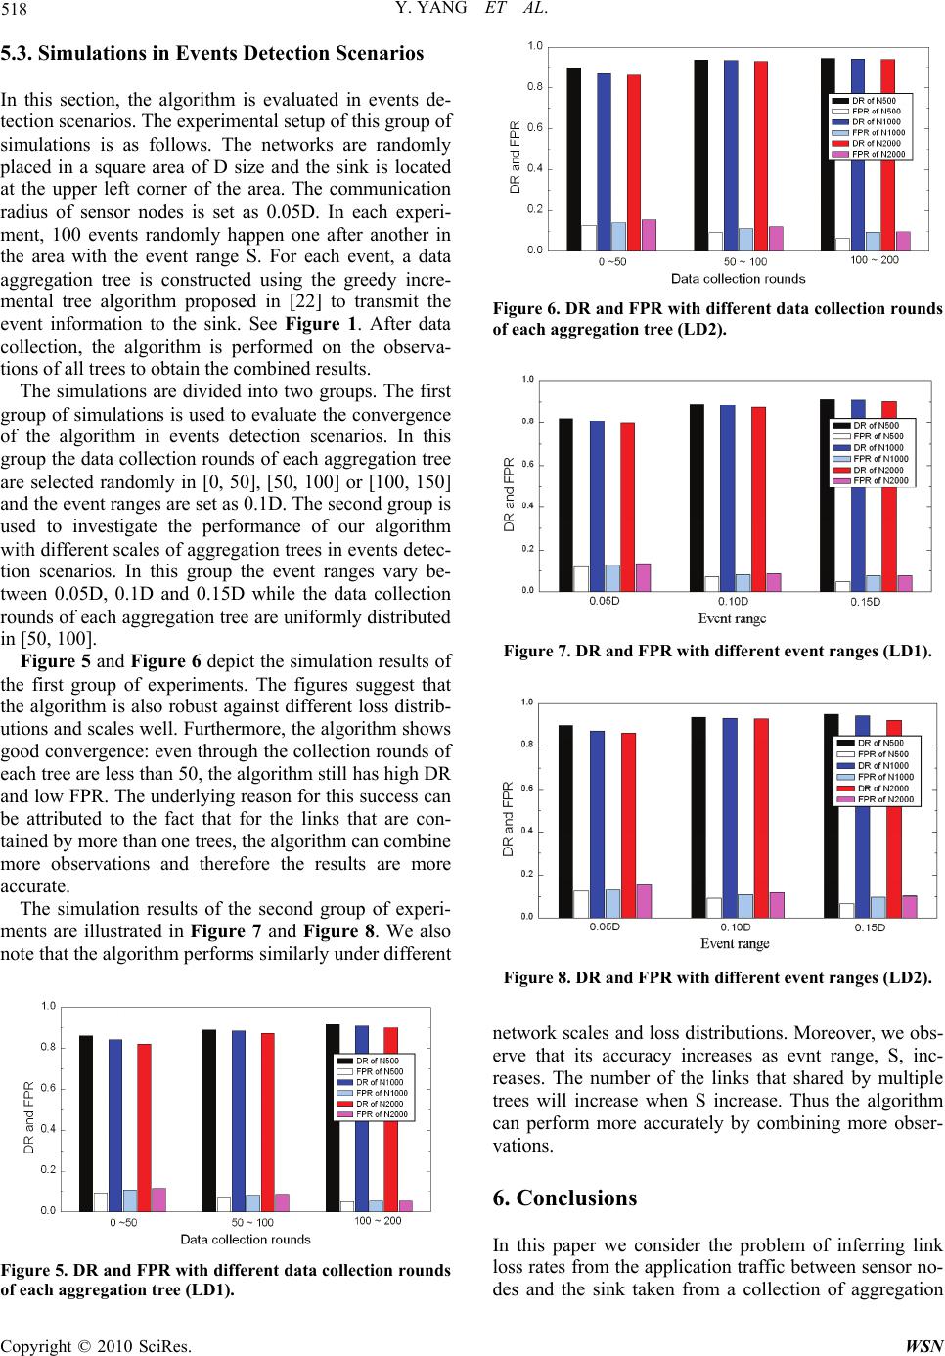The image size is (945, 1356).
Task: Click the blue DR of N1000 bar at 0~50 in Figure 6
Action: tap(604, 161)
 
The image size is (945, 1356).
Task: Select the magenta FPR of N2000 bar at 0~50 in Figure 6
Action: tap(649, 235)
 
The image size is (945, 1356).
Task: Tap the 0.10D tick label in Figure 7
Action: tap(734, 601)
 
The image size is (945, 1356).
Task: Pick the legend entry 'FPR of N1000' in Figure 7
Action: tap(880, 458)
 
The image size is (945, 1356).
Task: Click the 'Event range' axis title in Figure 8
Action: tap(735, 943)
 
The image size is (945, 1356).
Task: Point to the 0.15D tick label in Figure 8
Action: tap(870, 927)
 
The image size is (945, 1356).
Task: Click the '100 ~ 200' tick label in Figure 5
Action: tap(377, 1220)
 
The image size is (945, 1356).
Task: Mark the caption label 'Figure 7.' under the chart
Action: tap(534, 650)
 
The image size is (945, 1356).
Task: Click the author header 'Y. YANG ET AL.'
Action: tap(472, 13)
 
